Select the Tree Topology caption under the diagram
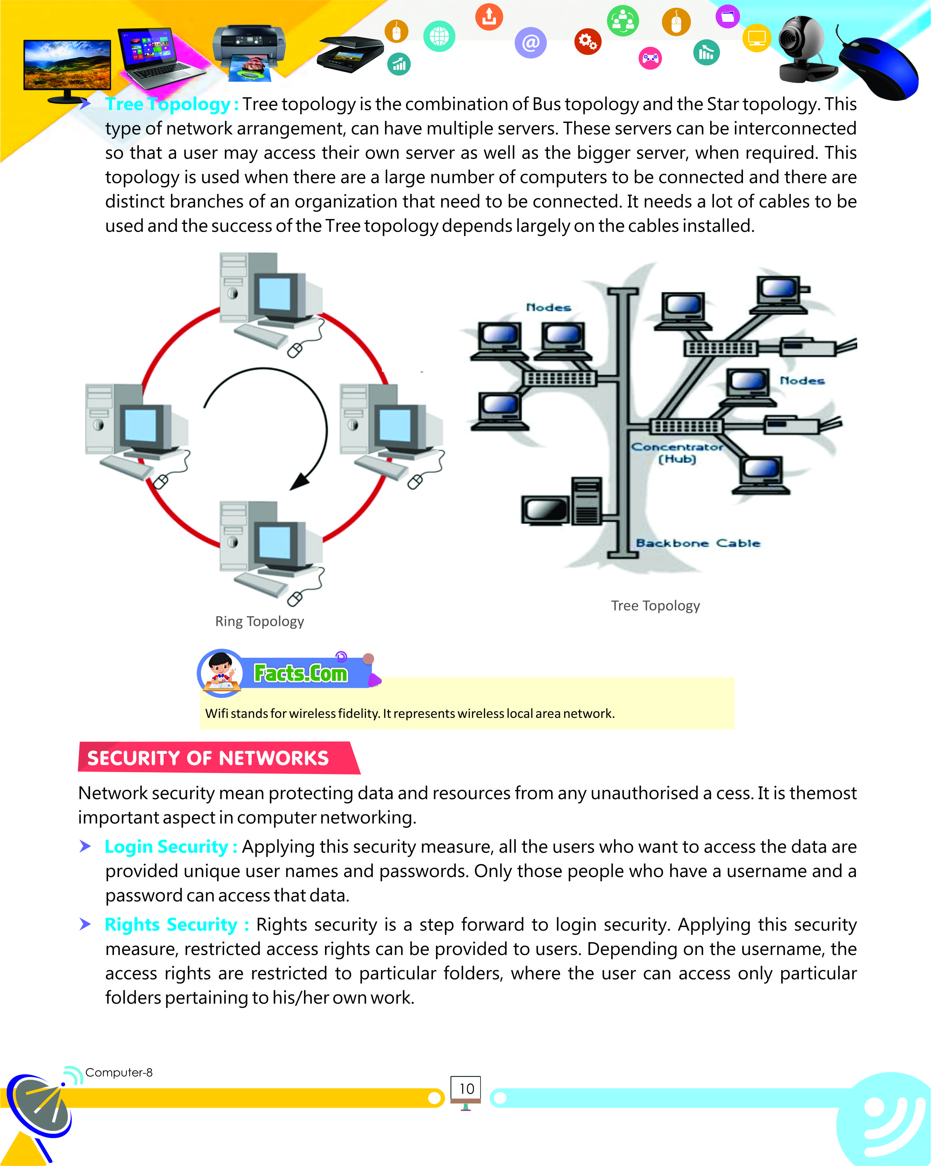click(x=655, y=605)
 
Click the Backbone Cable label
click(x=698, y=543)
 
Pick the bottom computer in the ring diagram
click(x=270, y=546)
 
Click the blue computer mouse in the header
click(x=879, y=68)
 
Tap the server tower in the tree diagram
click(x=587, y=500)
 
